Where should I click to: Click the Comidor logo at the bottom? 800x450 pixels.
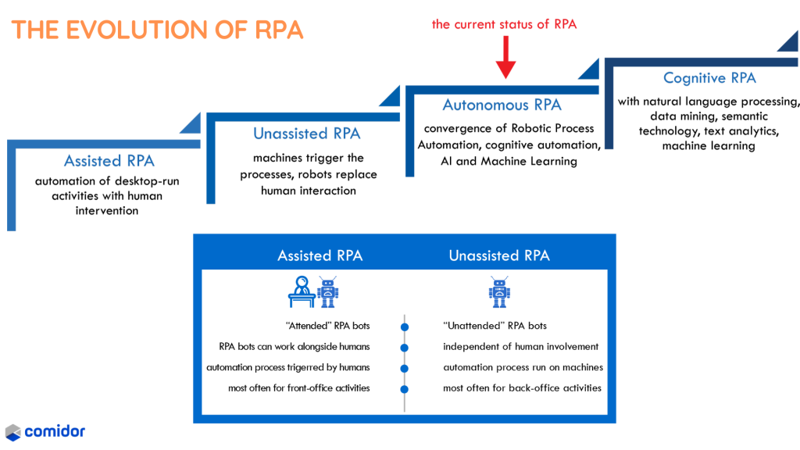pyautogui.click(x=45, y=431)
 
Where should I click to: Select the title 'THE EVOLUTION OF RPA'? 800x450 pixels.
pyautogui.click(x=156, y=30)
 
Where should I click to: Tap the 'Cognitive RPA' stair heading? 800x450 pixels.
pyautogui.click(x=709, y=77)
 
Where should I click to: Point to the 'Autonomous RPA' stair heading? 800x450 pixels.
pyautogui.click(x=502, y=105)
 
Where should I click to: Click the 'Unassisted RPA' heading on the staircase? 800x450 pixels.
pyautogui.click(x=307, y=134)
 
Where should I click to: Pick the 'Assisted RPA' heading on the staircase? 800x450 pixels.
pyautogui.click(x=109, y=161)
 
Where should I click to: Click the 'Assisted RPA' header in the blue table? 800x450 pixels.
pyautogui.click(x=320, y=255)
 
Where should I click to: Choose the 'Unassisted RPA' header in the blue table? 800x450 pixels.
pyautogui.click(x=499, y=255)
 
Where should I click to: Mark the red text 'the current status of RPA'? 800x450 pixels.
pyautogui.click(x=505, y=24)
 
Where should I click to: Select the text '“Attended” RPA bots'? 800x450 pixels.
pyautogui.click(x=327, y=326)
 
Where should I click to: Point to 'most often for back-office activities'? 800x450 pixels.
pyautogui.click(x=522, y=387)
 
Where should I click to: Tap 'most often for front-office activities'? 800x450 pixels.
pyautogui.click(x=299, y=387)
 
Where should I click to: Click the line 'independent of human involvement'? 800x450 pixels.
pyautogui.click(x=520, y=346)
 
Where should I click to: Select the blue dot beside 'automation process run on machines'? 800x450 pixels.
pyautogui.click(x=405, y=368)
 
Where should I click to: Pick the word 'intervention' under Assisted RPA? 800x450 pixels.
pyautogui.click(x=107, y=211)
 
